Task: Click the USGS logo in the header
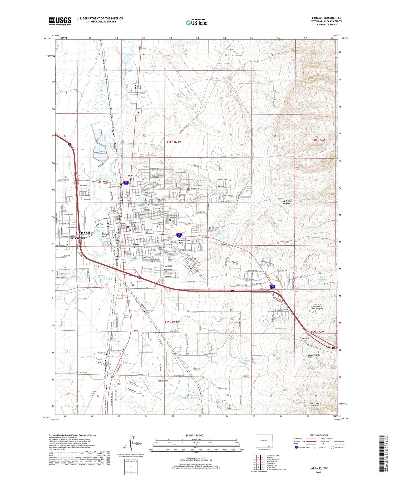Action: [x=60, y=21]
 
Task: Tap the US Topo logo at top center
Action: [x=196, y=22]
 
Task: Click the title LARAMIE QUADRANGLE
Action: [x=327, y=18]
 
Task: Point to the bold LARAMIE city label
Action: [x=84, y=233]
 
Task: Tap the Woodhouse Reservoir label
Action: [x=214, y=331]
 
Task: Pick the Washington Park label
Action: [x=184, y=242]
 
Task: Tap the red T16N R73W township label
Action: [x=174, y=142]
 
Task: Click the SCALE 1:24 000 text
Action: [x=194, y=435]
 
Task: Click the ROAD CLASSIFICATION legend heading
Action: [x=319, y=435]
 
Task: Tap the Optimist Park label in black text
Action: [x=106, y=235]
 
